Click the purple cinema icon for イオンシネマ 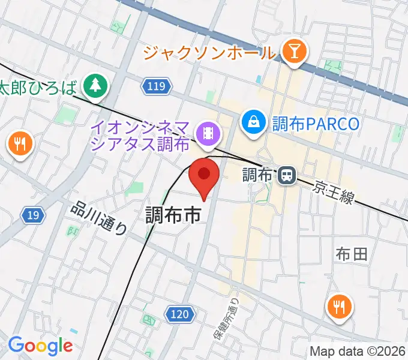click(x=208, y=131)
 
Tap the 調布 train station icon click(x=287, y=175)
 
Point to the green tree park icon click(x=94, y=85)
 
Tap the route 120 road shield click(x=179, y=314)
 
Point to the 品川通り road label click(x=100, y=217)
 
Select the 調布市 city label click(x=173, y=215)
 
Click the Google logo click(x=40, y=346)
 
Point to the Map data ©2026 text click(x=358, y=351)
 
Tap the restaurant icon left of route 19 click(x=19, y=143)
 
